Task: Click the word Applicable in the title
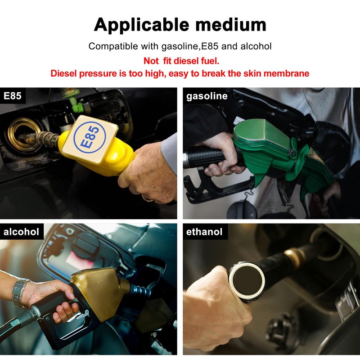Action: click(141, 25)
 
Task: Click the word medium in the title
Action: click(231, 24)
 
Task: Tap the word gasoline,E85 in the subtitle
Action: click(190, 46)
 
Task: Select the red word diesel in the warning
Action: click(186, 61)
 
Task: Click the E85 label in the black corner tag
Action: click(13, 96)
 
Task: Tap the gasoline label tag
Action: click(207, 96)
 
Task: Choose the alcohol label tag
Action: click(21, 232)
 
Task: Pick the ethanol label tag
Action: click(204, 232)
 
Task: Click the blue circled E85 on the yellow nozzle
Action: click(90, 137)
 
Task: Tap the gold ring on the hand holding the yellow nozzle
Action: click(148, 198)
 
